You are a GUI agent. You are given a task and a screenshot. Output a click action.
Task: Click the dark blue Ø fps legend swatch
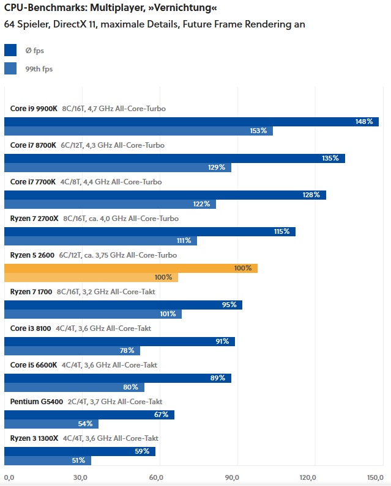(x=10, y=50)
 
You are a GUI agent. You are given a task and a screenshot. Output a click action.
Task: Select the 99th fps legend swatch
(x=10, y=68)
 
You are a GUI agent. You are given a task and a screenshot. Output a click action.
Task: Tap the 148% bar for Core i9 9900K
(x=191, y=121)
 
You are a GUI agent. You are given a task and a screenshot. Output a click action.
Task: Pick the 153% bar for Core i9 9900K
(x=138, y=131)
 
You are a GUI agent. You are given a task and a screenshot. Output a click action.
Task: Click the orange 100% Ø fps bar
(x=131, y=268)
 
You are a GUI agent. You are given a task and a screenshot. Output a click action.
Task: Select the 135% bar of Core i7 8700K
(x=174, y=158)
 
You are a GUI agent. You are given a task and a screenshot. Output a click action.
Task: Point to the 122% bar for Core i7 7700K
(x=110, y=204)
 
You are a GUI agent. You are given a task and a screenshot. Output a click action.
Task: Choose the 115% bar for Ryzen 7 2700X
(x=150, y=231)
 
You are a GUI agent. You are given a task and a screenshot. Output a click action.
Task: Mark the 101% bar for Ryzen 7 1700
(x=93, y=314)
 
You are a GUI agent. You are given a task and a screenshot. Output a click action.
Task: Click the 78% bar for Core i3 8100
(x=72, y=350)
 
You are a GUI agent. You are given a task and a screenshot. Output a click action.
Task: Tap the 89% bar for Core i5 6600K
(x=117, y=378)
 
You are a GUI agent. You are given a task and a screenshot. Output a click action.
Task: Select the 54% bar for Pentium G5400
(x=51, y=424)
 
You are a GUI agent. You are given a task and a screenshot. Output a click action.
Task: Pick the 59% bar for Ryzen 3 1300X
(x=80, y=451)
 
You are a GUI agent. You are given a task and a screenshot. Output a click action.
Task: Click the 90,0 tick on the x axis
(x=233, y=477)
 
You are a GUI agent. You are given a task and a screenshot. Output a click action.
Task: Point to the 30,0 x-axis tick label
(x=80, y=477)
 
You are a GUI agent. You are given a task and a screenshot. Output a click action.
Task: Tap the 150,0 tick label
(x=374, y=477)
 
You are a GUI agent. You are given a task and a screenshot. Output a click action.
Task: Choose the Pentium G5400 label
(x=37, y=401)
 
